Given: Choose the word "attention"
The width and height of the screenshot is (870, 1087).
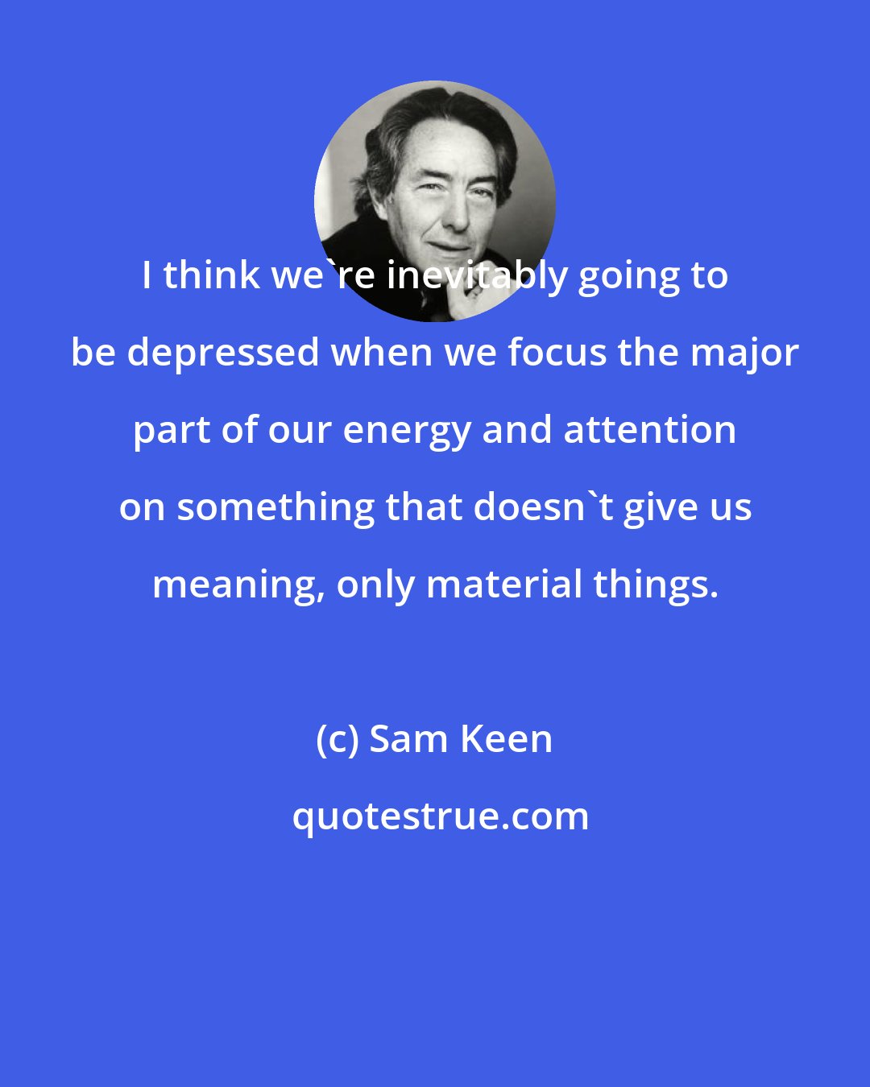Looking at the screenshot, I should tap(649, 429).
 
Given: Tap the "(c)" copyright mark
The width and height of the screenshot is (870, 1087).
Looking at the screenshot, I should tap(336, 739).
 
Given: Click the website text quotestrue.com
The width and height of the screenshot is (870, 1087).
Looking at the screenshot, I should tap(440, 816).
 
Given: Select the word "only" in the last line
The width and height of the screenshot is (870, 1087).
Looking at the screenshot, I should tap(375, 585).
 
